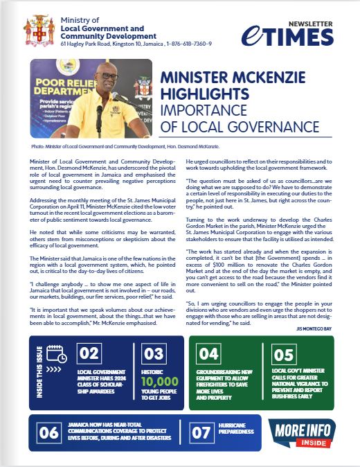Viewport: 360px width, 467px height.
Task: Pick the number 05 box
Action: pos(283,355)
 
